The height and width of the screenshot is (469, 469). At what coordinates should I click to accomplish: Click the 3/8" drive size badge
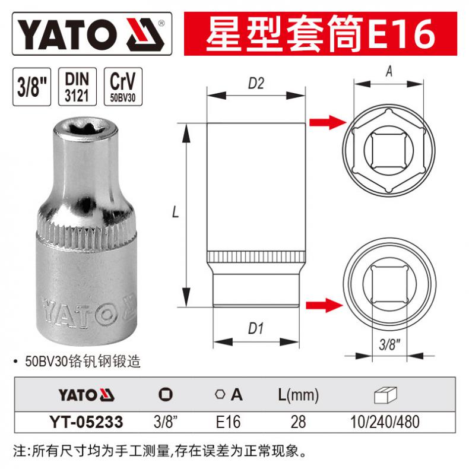31,87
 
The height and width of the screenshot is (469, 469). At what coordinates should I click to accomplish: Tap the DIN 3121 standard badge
77,87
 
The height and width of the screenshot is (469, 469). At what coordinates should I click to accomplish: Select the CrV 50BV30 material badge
123,87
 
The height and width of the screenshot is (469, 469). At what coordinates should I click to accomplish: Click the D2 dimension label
256,83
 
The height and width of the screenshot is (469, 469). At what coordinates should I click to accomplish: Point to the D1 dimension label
256,328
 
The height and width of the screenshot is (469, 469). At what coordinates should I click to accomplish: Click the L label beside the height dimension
175,212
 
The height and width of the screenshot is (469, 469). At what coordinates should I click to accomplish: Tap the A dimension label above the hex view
389,71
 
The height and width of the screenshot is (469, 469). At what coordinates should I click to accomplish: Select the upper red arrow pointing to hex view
328,122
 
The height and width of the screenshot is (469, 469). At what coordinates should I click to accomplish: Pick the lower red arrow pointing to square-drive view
324,305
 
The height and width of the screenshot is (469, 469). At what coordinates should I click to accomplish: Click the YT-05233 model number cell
87,422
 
